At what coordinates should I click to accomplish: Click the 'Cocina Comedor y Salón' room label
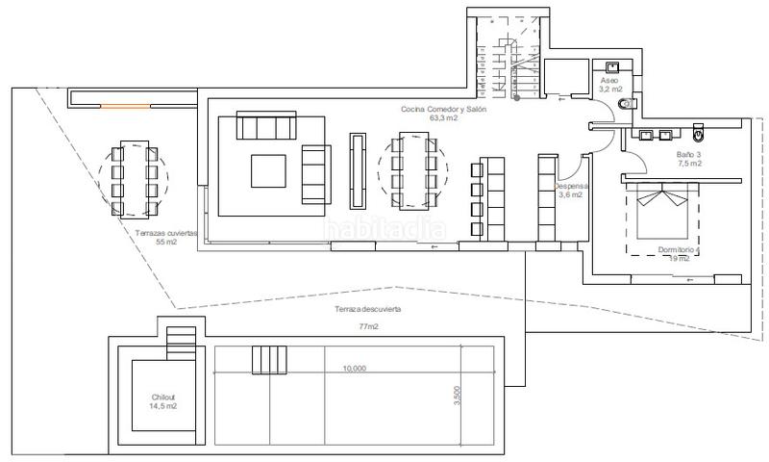pyautogui.click(x=444, y=111)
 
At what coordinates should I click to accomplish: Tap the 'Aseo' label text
pyautogui.click(x=609, y=81)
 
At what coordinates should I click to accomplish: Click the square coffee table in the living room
pyautogui.click(x=269, y=170)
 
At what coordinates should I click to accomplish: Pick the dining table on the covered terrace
pyautogui.click(x=133, y=179)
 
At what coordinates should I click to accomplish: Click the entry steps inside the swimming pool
pyautogui.click(x=269, y=359)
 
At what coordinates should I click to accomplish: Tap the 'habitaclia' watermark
pyautogui.click(x=384, y=229)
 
